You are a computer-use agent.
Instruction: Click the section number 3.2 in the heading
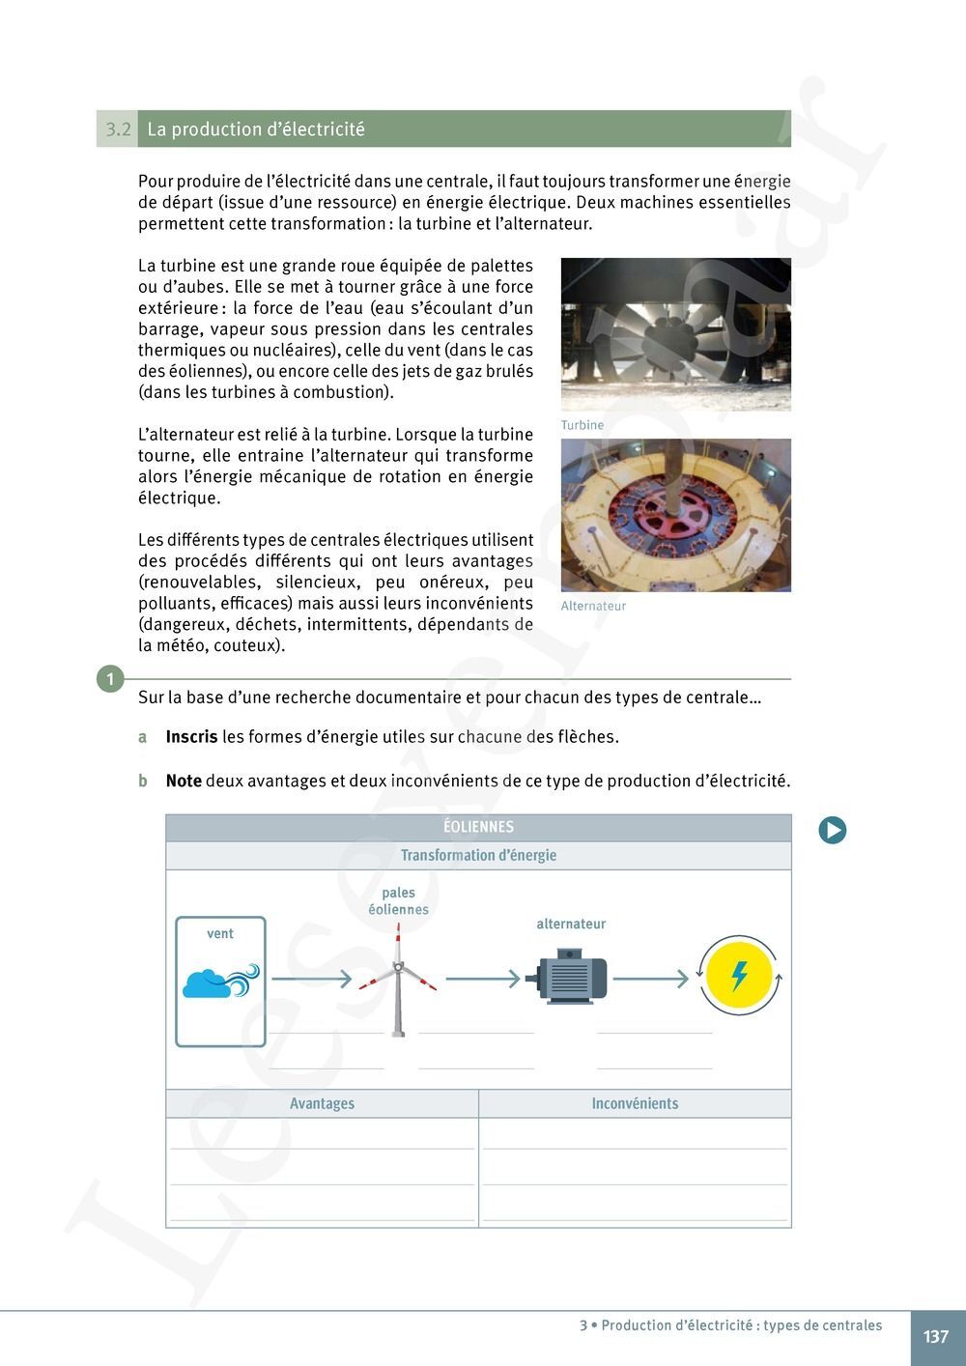click(x=117, y=129)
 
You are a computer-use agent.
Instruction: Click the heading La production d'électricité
click(x=256, y=129)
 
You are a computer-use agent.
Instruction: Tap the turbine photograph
click(x=675, y=334)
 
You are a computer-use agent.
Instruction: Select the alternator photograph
click(x=675, y=515)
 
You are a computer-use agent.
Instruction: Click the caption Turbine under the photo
click(x=582, y=425)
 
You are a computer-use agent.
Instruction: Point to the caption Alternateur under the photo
click(x=593, y=606)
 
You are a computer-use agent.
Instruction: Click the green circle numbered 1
click(x=110, y=679)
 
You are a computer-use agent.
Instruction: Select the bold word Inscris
click(x=191, y=737)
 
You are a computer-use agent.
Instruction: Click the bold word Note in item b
click(x=184, y=781)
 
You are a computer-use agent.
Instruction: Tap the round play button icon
click(x=832, y=830)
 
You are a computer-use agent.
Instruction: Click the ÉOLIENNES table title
click(x=478, y=827)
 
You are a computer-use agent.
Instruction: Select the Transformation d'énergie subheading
click(x=478, y=855)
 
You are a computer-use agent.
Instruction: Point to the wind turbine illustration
click(x=398, y=978)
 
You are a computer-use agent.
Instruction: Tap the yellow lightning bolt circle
click(x=739, y=976)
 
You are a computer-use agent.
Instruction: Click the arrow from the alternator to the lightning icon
click(x=650, y=979)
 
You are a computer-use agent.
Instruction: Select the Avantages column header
click(x=322, y=1103)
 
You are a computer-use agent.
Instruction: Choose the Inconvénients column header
click(x=635, y=1103)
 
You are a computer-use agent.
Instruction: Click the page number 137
click(x=935, y=1337)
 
